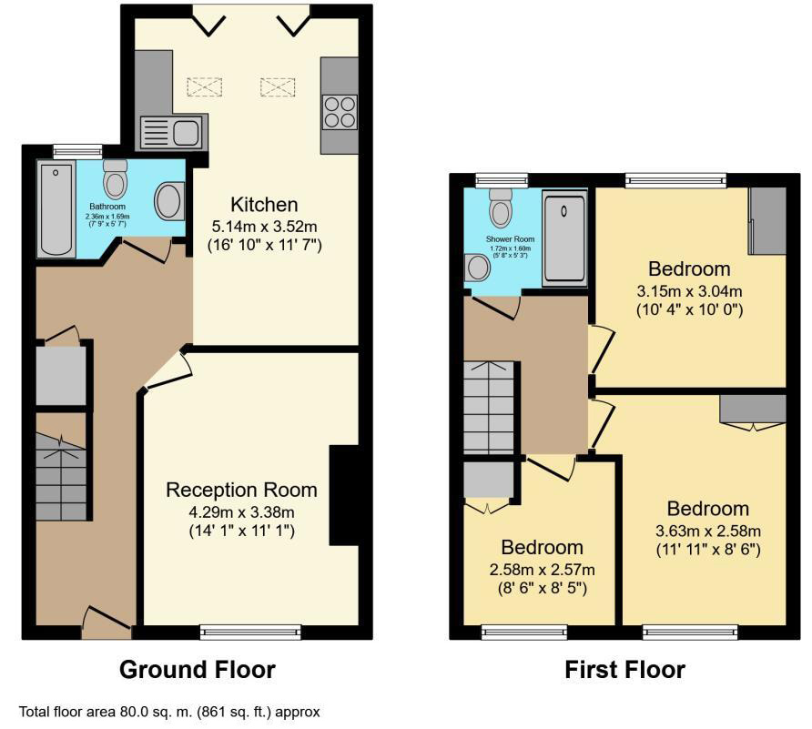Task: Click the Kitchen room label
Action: (264, 204)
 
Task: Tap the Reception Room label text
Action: (241, 490)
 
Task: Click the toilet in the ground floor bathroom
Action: (116, 180)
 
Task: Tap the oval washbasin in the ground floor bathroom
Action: (168, 201)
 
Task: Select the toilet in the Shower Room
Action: (501, 208)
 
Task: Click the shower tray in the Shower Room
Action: (563, 239)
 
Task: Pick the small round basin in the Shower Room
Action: (475, 268)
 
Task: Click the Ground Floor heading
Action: (198, 671)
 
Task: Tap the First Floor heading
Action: (624, 671)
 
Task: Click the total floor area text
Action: (169, 712)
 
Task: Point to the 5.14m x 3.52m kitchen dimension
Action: (264, 226)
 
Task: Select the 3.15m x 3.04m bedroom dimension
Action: (689, 291)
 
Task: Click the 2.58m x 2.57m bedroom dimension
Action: (542, 570)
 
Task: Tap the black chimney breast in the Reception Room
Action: (344, 495)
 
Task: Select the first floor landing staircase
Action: (490, 406)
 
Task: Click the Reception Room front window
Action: (239, 630)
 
